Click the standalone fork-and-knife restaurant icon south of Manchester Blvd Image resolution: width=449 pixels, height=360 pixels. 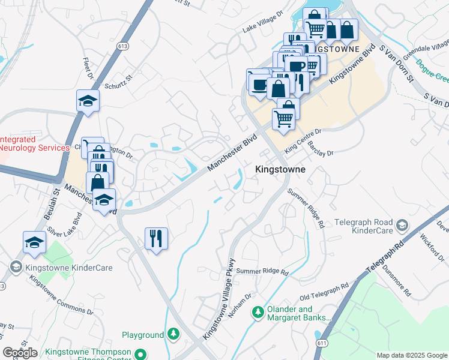point(156,239)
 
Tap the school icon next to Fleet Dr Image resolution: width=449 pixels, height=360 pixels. point(88,101)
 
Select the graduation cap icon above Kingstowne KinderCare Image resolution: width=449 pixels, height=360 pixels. point(34,242)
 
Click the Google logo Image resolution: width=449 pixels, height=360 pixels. point(20,353)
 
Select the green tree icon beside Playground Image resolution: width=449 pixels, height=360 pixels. point(173,333)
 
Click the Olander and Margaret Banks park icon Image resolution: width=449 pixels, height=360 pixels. point(258,311)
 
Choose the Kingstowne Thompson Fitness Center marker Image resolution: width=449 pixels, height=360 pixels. point(140,353)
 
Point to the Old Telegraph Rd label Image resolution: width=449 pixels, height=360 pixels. point(324,292)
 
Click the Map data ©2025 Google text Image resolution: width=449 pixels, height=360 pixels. point(411,355)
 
